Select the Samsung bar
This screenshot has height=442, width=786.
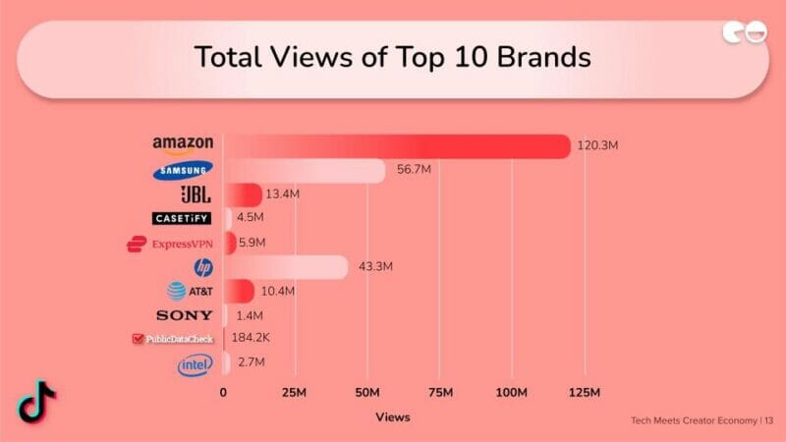(305, 171)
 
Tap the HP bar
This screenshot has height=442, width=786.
(286, 267)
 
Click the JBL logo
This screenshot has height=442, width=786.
(195, 194)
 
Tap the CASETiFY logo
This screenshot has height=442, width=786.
(182, 218)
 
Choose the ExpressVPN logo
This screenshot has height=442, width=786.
(170, 244)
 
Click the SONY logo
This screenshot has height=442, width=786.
(184, 315)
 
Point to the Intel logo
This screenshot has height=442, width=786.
(195, 365)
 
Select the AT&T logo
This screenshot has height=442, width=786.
(190, 291)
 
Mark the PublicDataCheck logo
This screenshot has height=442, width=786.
(173, 340)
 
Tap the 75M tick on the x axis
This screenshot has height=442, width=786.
(439, 394)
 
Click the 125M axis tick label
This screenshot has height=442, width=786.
(585, 394)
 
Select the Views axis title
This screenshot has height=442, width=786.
(393, 417)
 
